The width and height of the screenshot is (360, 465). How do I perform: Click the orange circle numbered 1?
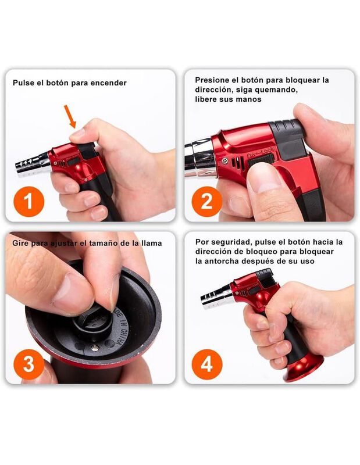pyautogui.click(x=28, y=201)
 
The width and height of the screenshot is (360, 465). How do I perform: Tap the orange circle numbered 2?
pyautogui.click(x=207, y=201)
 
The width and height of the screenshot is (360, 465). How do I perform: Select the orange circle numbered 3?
pyautogui.click(x=28, y=364)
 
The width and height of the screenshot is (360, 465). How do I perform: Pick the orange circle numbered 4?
pyautogui.click(x=207, y=364)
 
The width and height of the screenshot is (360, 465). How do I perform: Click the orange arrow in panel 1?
pyautogui.click(x=70, y=116)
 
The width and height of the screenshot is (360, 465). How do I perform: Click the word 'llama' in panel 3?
pyautogui.click(x=152, y=243)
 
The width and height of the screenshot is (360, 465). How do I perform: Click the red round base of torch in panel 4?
pyautogui.click(x=304, y=369)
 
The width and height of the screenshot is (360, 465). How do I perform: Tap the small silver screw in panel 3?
pyautogui.click(x=95, y=348)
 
